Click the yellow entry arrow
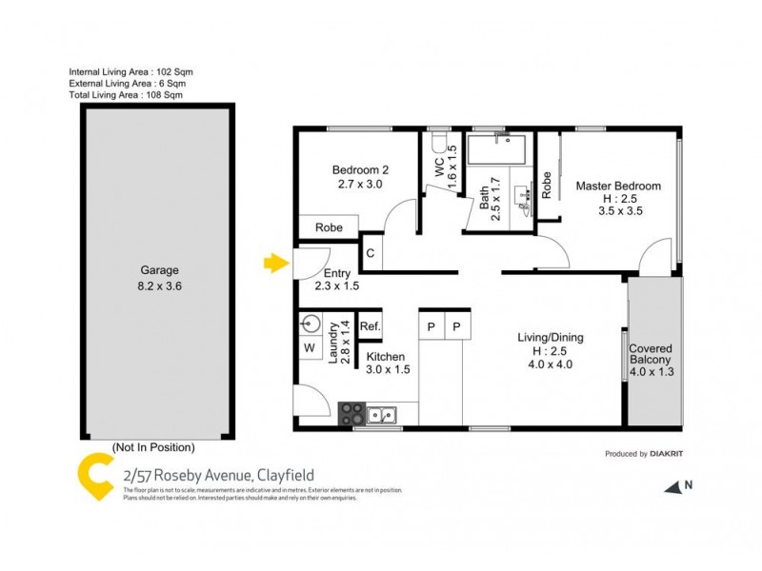[x=275, y=264]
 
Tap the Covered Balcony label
[x=651, y=353]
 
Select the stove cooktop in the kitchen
[x=351, y=413]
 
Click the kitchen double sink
[x=384, y=414]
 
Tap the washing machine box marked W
[x=310, y=348]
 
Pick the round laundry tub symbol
[x=310, y=324]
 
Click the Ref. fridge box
[x=371, y=326]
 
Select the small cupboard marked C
[x=371, y=254]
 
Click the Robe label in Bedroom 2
[x=330, y=228]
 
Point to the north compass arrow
[x=673, y=486]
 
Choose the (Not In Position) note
[x=153, y=446]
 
